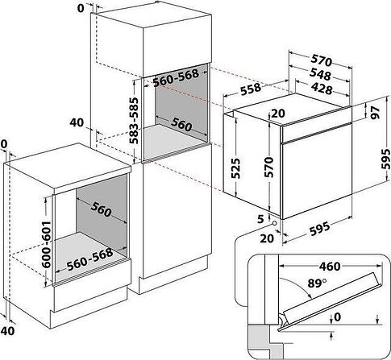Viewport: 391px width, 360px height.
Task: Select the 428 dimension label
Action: (x=322, y=88)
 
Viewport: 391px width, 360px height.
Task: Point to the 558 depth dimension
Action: (x=251, y=89)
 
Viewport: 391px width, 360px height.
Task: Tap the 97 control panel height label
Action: (x=376, y=112)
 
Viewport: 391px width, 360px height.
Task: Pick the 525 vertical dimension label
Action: (x=235, y=168)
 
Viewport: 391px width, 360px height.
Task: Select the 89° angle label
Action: (x=317, y=283)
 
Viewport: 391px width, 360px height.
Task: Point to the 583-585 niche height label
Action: (x=134, y=121)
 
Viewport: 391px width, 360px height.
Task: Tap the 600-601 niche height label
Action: (x=47, y=244)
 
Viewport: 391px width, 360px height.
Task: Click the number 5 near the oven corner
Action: (x=260, y=219)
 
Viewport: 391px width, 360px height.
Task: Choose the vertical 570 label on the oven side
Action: (x=268, y=167)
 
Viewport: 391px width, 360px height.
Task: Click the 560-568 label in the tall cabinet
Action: (x=176, y=78)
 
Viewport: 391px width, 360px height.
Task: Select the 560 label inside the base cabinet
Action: (x=101, y=209)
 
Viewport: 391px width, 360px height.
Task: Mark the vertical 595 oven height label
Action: (x=385, y=159)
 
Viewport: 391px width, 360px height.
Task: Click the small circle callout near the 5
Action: (x=274, y=223)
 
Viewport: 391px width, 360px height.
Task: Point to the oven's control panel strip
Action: (x=316, y=132)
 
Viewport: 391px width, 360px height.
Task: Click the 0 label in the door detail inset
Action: (x=337, y=317)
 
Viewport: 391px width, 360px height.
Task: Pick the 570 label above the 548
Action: (x=322, y=61)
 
